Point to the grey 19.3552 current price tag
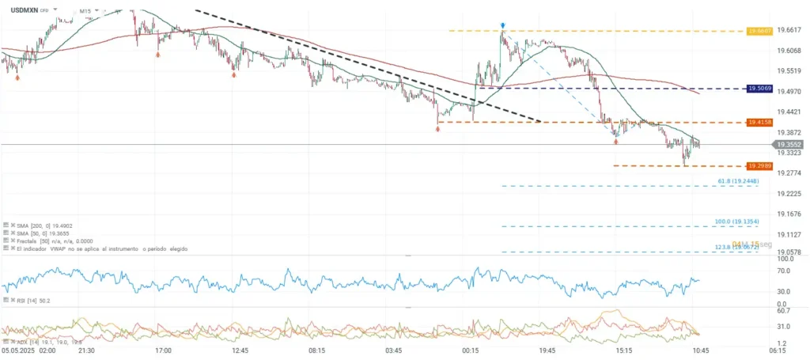(788, 145)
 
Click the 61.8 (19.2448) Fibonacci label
(739, 182)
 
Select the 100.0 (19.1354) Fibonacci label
(737, 222)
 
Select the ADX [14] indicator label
(27, 341)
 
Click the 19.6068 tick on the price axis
(789, 51)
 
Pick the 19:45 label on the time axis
(547, 350)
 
